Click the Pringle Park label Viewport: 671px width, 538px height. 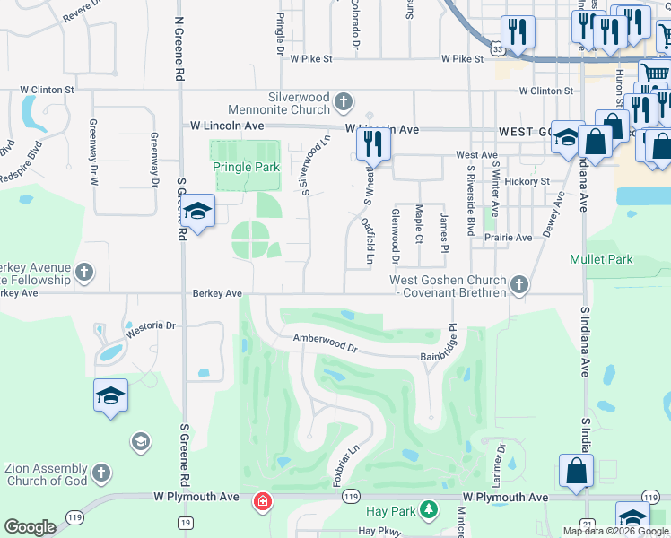tap(246, 167)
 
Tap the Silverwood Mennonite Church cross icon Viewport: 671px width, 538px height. tap(343, 103)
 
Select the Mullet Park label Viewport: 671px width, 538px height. tap(601, 260)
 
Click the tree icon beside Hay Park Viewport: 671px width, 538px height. tap(429, 511)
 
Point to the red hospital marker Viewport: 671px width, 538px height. tap(261, 500)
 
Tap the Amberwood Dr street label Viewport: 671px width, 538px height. tap(325, 342)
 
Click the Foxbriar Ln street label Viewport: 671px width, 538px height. tap(346, 458)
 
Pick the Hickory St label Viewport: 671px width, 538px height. tap(527, 181)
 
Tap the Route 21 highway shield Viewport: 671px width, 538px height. tap(587, 524)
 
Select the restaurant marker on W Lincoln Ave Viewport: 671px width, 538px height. tap(371, 144)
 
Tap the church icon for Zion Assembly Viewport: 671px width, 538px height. tap(100, 472)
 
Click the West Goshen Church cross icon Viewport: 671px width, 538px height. tap(518, 285)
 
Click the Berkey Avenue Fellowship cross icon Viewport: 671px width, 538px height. tap(84, 273)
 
